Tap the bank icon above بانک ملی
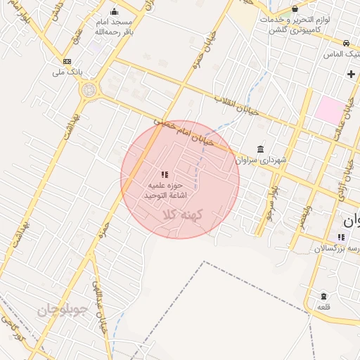coord(67,61)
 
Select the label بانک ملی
coord(69,72)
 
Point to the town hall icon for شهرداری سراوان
coord(261,149)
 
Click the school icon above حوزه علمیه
coord(165,174)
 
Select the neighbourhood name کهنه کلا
coord(181,214)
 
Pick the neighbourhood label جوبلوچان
coord(61,309)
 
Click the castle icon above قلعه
coord(323,296)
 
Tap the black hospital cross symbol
coord(351,73)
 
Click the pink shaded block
coord(330,109)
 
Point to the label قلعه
coord(323,307)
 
